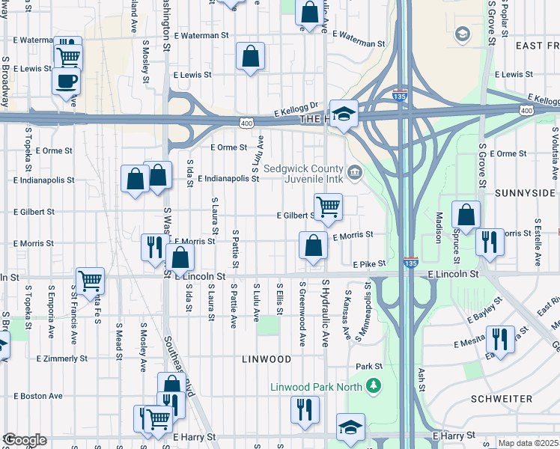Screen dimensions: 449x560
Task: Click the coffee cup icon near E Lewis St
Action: pos(66,81)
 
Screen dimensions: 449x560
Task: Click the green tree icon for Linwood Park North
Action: pos(374,387)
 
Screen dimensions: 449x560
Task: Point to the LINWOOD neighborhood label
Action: pos(267,359)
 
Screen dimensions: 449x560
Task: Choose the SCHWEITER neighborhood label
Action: pos(523,399)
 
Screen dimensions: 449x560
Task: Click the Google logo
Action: pos(25,440)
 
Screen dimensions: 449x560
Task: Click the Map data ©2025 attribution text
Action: pos(528,443)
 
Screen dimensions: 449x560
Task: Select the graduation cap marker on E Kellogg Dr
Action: pos(344,114)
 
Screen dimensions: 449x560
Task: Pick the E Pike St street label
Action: pos(369,264)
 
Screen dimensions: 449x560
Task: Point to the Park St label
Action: pos(369,367)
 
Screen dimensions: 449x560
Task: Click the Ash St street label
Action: pos(422,381)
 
